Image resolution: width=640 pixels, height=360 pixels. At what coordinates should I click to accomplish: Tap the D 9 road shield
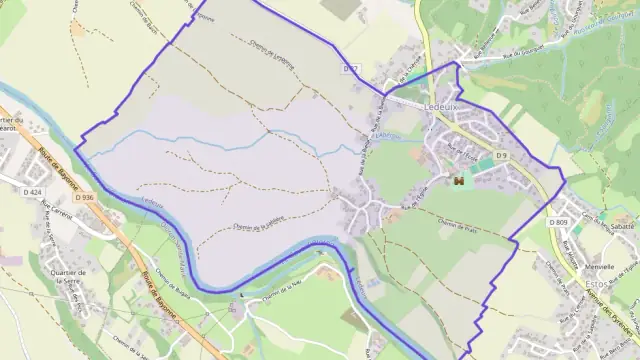tap(502, 156)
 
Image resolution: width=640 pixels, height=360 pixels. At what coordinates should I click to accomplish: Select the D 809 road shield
tap(557, 221)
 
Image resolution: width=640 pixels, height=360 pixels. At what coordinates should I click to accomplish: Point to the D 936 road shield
tap(85, 198)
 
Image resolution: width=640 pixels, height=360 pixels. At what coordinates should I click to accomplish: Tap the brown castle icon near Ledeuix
tap(458, 181)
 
